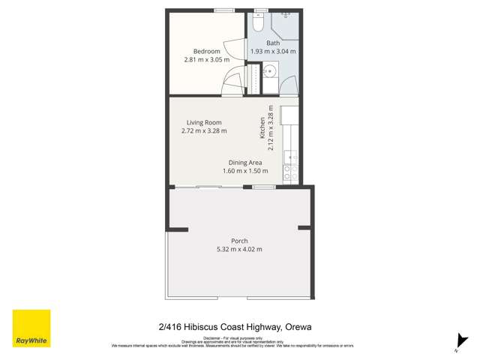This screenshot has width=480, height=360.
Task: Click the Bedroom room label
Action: click(x=206, y=51)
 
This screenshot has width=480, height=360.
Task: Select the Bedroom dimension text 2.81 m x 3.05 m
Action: click(x=206, y=59)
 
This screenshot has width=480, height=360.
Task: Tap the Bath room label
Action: click(x=273, y=43)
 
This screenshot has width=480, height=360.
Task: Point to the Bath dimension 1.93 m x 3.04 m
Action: click(x=273, y=52)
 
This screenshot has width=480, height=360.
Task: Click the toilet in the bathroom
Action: click(x=257, y=24)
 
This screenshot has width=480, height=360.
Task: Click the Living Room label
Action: click(x=204, y=122)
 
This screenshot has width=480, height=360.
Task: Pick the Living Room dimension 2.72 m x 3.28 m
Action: click(x=204, y=130)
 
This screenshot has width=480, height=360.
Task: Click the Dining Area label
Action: click(x=245, y=163)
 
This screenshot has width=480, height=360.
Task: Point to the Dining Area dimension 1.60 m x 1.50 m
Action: click(x=245, y=171)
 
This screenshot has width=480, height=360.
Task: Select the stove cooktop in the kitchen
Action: click(x=290, y=173)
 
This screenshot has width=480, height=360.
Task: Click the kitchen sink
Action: click(x=290, y=157)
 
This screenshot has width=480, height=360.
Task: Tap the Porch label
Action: click(x=239, y=241)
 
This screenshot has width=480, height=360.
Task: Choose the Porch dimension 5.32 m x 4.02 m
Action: click(x=239, y=249)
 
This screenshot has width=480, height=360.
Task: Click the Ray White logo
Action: click(x=31, y=328)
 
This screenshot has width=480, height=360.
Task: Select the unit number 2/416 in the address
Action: click(x=170, y=327)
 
